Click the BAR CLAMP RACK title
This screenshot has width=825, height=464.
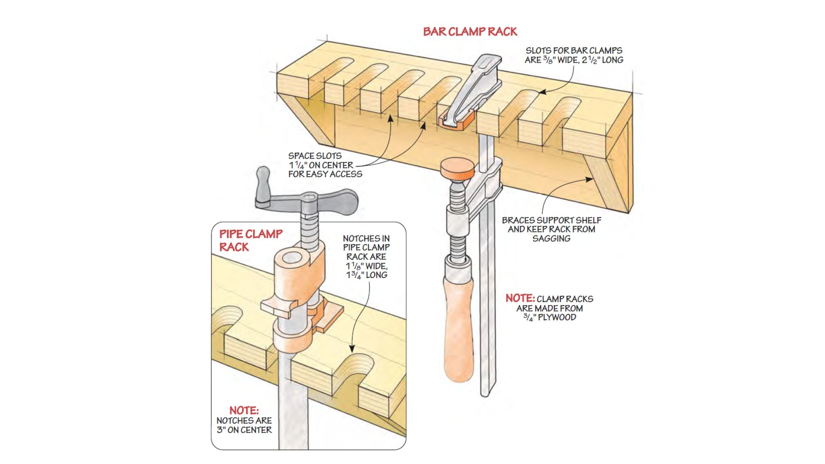[470, 32]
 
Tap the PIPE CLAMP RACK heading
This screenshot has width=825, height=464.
[251, 240]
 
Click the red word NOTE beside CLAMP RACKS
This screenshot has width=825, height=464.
[519, 298]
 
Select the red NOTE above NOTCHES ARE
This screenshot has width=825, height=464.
[244, 410]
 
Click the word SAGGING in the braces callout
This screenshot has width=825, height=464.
[551, 238]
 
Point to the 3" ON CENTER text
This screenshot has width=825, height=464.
[244, 430]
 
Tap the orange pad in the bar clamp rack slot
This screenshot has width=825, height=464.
[456, 122]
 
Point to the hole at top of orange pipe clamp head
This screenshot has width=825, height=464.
[293, 258]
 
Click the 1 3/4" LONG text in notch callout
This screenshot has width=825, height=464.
[367, 275]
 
